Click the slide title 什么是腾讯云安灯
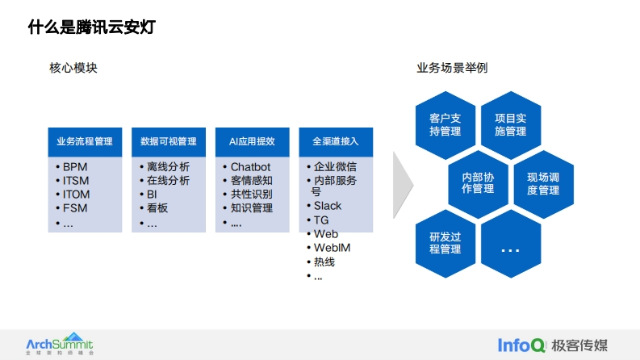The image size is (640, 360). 92,27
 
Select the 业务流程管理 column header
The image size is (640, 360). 85,141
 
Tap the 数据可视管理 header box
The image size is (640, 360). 169,141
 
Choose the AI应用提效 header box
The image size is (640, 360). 253,141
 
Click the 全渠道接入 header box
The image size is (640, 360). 336,141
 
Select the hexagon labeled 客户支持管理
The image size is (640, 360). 445,125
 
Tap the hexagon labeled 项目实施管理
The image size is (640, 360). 511,125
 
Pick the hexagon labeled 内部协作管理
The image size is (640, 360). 478,184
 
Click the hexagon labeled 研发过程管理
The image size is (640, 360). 445,243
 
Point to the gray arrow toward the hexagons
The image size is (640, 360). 403,185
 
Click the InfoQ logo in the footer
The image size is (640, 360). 521,345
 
